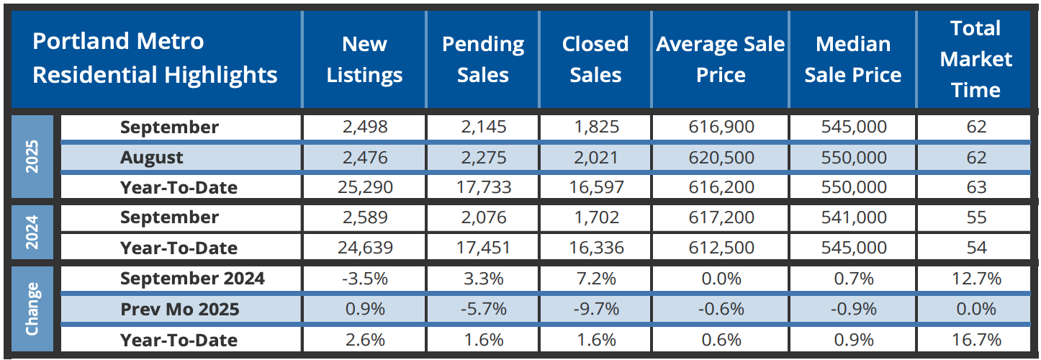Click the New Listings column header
[364, 60]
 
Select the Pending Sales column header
[482, 60]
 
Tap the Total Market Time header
[975, 59]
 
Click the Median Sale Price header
[852, 60]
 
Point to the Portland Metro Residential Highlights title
[155, 58]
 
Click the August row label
[151, 158]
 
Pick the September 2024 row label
[192, 279]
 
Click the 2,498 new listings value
[364, 127]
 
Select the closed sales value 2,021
[595, 158]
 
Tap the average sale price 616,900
[720, 127]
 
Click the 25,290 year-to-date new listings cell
[364, 188]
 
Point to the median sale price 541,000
[852, 218]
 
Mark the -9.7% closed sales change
[595, 309]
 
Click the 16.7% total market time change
[975, 339]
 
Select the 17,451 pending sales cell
[482, 248]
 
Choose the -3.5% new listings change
[364, 279]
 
